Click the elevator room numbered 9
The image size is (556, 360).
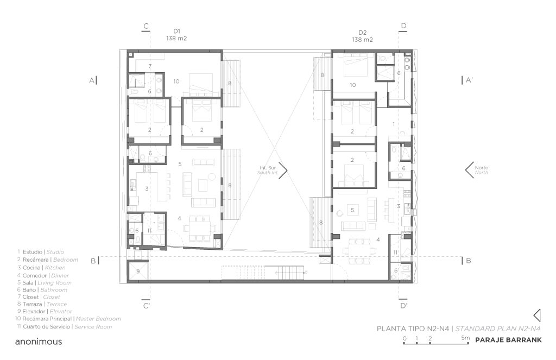click(138, 271)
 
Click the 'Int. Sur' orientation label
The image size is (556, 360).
click(268, 168)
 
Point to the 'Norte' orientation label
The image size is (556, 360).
click(481, 167)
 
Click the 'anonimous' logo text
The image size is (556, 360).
click(39, 342)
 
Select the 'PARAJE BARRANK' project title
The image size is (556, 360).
click(508, 340)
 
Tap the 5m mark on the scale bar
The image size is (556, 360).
click(465, 338)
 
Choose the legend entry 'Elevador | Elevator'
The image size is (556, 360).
click(45, 312)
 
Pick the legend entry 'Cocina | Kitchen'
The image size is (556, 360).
click(41, 268)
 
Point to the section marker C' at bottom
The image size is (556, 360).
click(147, 305)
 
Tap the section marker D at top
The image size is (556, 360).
click(403, 26)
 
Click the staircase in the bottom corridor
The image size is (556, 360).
click(291, 272)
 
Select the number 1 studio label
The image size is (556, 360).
click(394, 124)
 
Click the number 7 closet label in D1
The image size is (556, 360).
click(150, 66)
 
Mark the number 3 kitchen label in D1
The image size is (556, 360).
click(147, 189)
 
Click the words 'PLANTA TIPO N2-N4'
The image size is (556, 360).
click(413, 329)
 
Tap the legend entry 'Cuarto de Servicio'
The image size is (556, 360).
click(47, 326)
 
